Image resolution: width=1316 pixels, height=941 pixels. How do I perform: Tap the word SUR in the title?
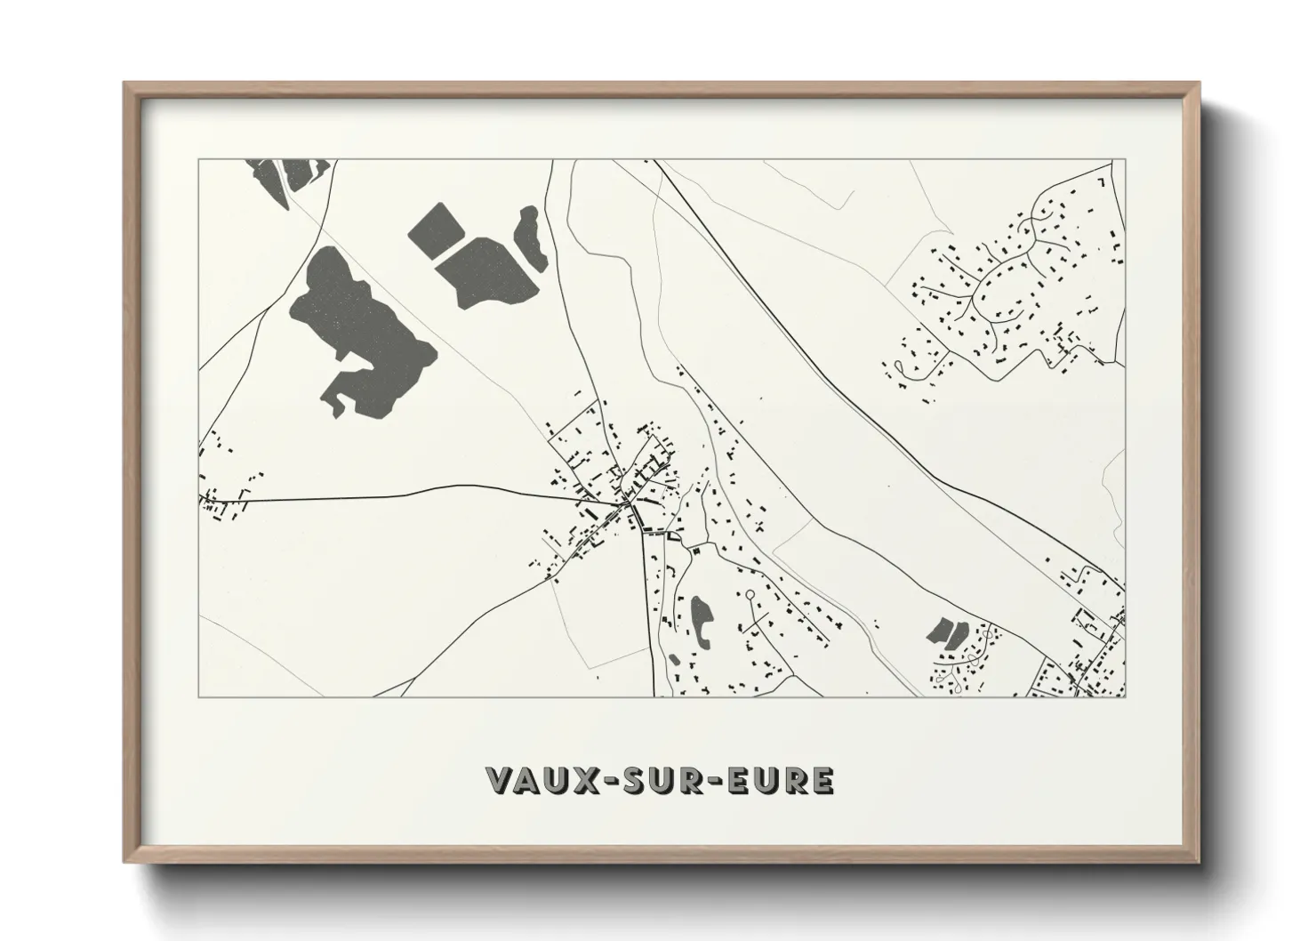[663, 780]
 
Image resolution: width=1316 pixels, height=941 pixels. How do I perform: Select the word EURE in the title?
[781, 780]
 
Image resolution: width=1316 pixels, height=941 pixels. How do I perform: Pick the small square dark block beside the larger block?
[433, 229]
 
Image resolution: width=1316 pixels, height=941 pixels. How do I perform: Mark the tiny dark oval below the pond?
[675, 659]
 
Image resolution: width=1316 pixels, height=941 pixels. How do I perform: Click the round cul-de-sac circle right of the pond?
[750, 593]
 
